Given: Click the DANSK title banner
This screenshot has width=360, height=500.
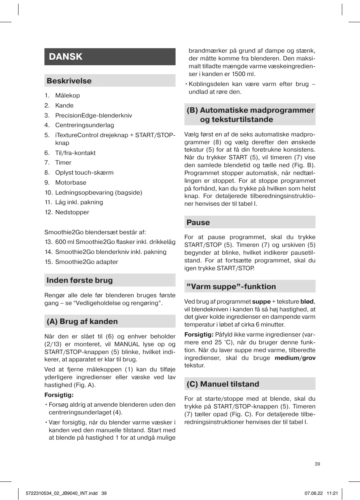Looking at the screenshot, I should click(110, 57).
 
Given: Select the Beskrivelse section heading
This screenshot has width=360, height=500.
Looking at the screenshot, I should click(69, 81).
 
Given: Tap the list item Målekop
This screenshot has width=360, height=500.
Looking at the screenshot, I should click(67, 95).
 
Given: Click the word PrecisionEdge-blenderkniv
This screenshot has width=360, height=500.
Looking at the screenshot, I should click(93, 115).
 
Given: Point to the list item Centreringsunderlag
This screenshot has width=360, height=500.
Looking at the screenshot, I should click(84, 125).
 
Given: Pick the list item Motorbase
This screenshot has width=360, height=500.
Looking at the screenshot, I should click(70, 182).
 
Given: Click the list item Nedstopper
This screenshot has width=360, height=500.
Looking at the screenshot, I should click(72, 212).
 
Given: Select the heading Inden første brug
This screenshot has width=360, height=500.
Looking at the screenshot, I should click(80, 280).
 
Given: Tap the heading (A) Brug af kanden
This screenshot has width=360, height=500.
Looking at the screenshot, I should click(82, 321).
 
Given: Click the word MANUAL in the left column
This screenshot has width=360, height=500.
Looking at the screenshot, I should click(127, 344).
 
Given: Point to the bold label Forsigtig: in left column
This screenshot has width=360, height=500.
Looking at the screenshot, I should click(59, 395).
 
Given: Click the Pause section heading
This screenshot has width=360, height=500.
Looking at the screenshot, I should click(198, 222).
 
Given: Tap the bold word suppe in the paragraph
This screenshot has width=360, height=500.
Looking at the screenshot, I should click(261, 302).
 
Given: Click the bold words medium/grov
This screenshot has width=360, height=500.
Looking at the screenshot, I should click(295, 358).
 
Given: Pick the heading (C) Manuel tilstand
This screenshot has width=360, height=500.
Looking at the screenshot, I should click(223, 384).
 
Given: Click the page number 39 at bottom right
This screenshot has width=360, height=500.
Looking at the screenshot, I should click(317, 464).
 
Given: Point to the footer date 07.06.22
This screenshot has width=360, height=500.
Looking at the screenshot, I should click(314, 493).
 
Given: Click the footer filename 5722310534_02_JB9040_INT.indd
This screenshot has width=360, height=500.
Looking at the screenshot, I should click(62, 493).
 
